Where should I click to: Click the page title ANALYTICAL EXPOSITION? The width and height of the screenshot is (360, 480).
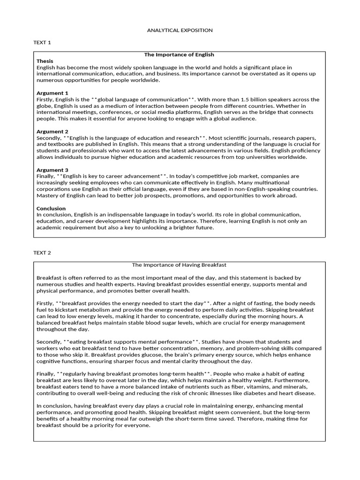[x=180, y=30]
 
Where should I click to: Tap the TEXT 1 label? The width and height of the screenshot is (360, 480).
[x=42, y=43]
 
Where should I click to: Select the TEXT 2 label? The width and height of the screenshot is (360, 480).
[x=42, y=253]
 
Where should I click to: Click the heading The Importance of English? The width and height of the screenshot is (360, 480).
[x=179, y=55]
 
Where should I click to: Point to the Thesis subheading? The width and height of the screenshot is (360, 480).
[x=45, y=61]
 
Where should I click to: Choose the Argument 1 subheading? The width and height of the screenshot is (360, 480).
[x=52, y=93]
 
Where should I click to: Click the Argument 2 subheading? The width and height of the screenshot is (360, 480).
[x=52, y=132]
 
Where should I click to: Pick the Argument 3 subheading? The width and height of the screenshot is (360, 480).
[x=52, y=170]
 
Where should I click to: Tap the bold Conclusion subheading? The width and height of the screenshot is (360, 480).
[x=51, y=209]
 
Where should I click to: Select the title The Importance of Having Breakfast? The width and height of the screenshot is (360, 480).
[x=180, y=265]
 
